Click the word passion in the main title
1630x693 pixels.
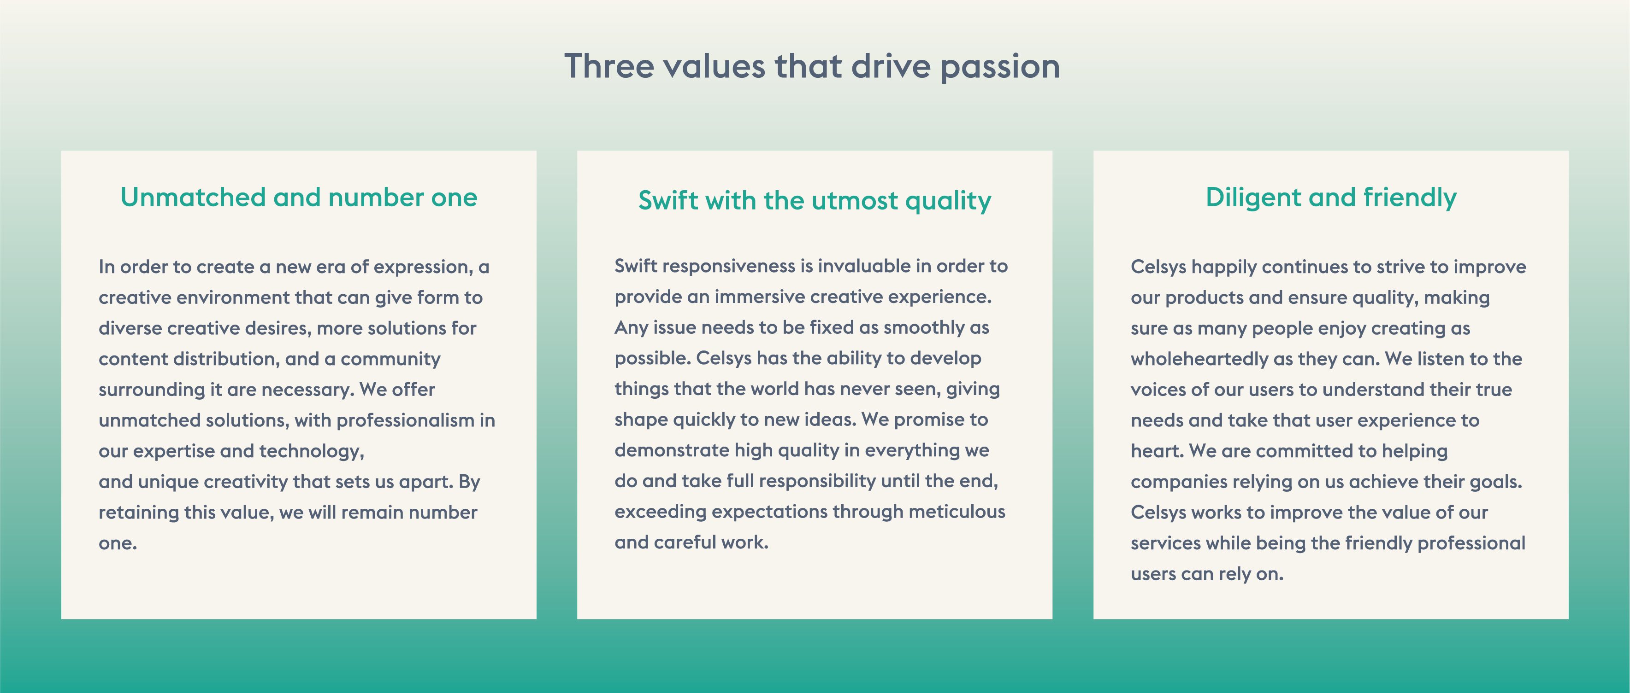point(1000,68)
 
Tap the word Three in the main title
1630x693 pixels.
point(609,66)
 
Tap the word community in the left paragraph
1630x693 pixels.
point(390,359)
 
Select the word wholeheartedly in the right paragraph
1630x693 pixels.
point(1199,359)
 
